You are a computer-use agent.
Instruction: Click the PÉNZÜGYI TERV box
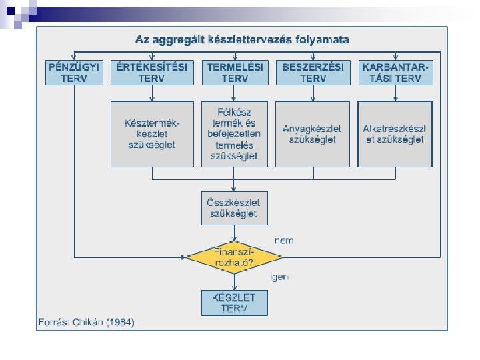point(75,73)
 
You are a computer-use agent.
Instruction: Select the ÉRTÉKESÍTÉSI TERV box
point(152,73)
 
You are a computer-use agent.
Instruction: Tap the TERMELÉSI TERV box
point(234,73)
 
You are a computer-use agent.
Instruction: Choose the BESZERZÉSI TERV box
point(313,73)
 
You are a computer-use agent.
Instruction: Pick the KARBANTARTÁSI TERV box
point(395,73)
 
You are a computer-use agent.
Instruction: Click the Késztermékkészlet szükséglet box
point(152,133)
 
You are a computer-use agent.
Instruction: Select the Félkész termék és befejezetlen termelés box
point(234,133)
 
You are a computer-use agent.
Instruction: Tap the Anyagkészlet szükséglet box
point(313,133)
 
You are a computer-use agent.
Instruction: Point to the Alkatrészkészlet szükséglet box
point(395,133)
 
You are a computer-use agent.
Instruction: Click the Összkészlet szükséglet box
point(234,208)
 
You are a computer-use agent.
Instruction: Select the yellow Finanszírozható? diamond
point(234,257)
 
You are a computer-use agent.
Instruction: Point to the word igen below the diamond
point(279,275)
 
